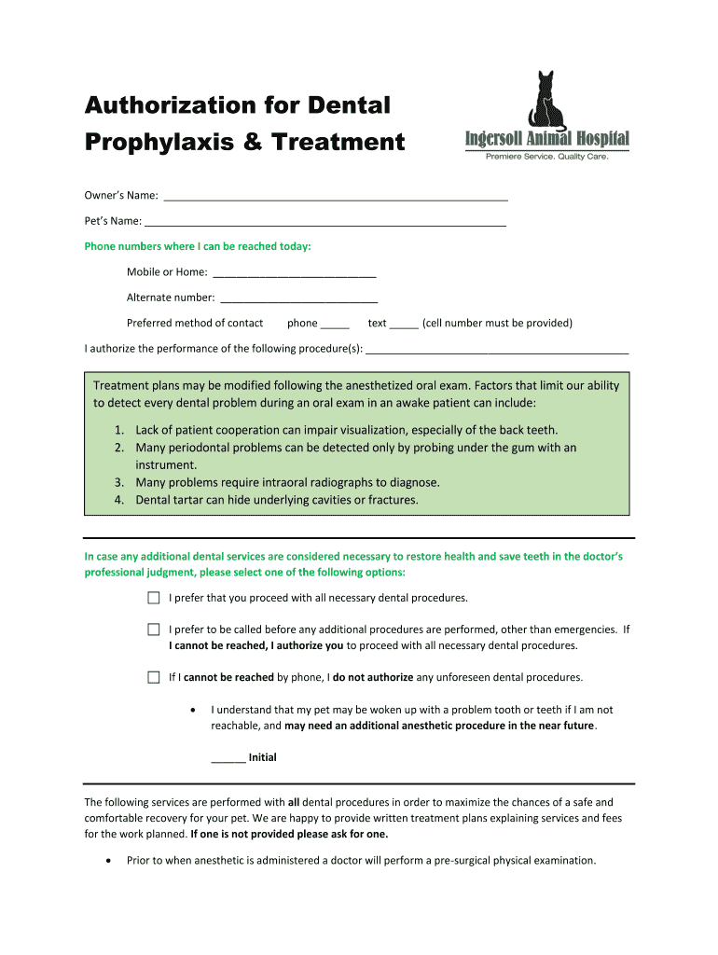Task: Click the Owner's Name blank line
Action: [336, 198]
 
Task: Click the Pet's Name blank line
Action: [325, 223]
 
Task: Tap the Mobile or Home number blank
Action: [295, 274]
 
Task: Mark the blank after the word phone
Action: [335, 325]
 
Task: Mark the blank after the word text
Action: [404, 325]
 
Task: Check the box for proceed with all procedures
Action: [154, 598]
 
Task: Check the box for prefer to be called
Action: [154, 630]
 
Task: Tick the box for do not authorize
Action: [154, 678]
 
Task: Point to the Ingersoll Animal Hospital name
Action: [547, 141]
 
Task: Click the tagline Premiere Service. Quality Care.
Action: [547, 158]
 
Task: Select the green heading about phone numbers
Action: [198, 247]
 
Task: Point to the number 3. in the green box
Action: [120, 483]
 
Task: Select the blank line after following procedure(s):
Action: [497, 351]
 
